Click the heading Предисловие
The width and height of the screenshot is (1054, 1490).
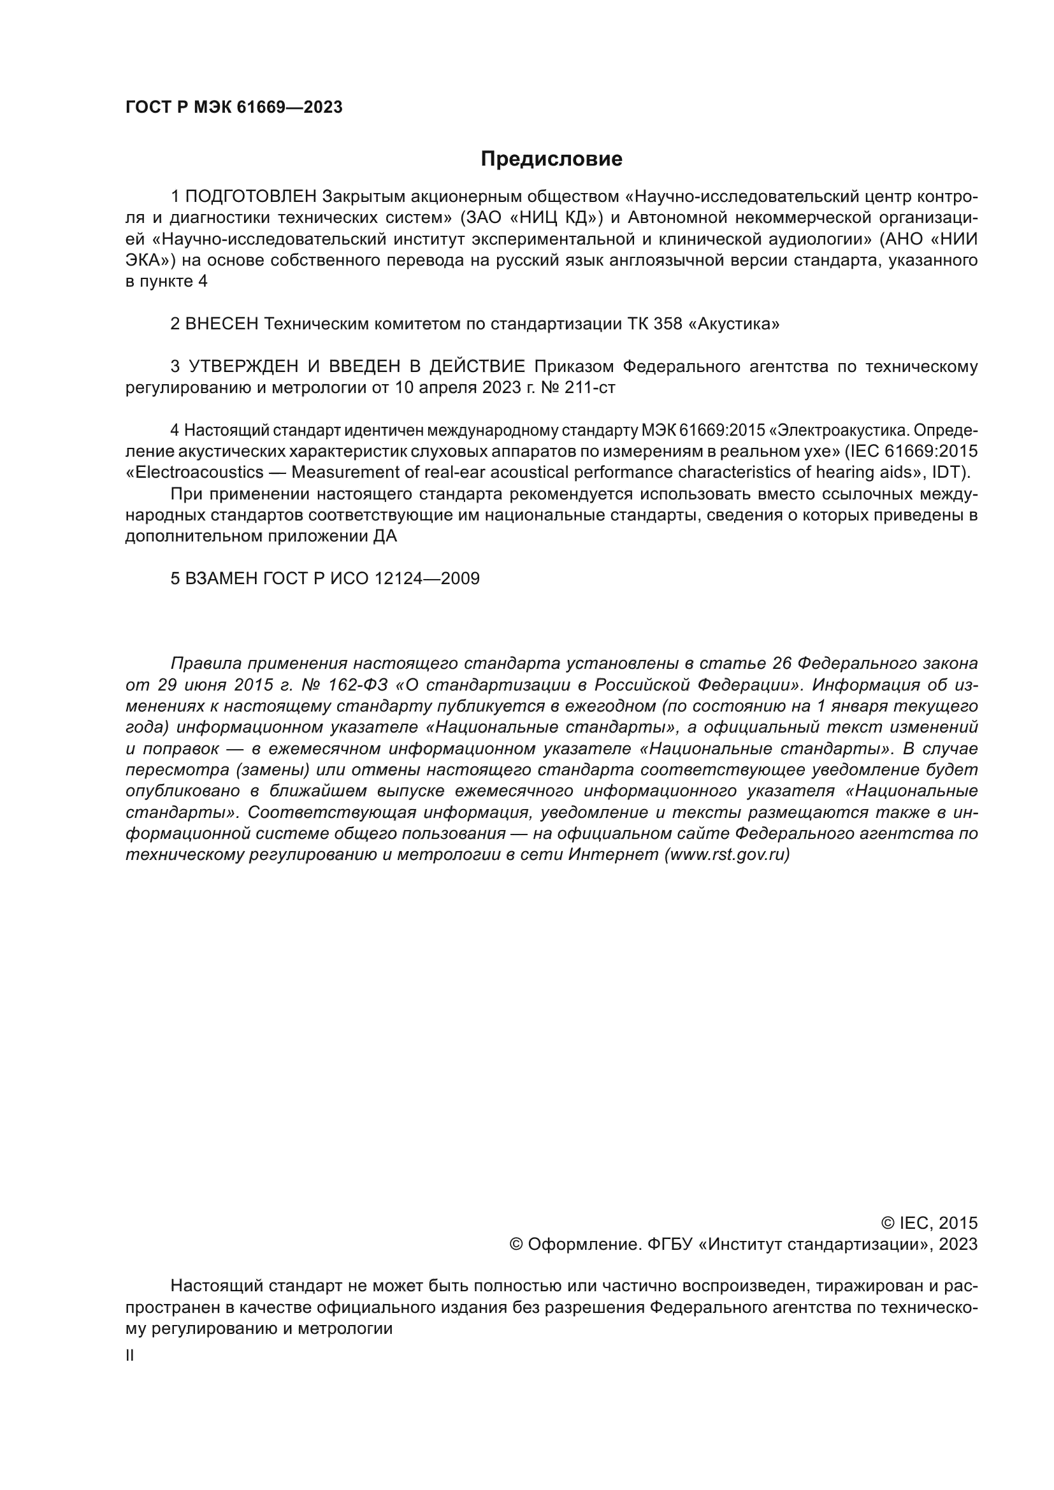[x=551, y=159]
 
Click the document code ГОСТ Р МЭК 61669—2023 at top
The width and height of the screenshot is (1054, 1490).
[x=234, y=108]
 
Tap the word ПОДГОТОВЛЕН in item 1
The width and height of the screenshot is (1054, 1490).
[x=251, y=196]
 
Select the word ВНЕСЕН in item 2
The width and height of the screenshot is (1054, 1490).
[x=222, y=324]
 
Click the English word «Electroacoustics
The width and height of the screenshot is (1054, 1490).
[x=194, y=472]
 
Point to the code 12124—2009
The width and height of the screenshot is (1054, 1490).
[x=426, y=578]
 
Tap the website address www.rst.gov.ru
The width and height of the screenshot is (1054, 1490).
[x=727, y=855]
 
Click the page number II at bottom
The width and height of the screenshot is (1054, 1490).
[x=130, y=1356]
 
